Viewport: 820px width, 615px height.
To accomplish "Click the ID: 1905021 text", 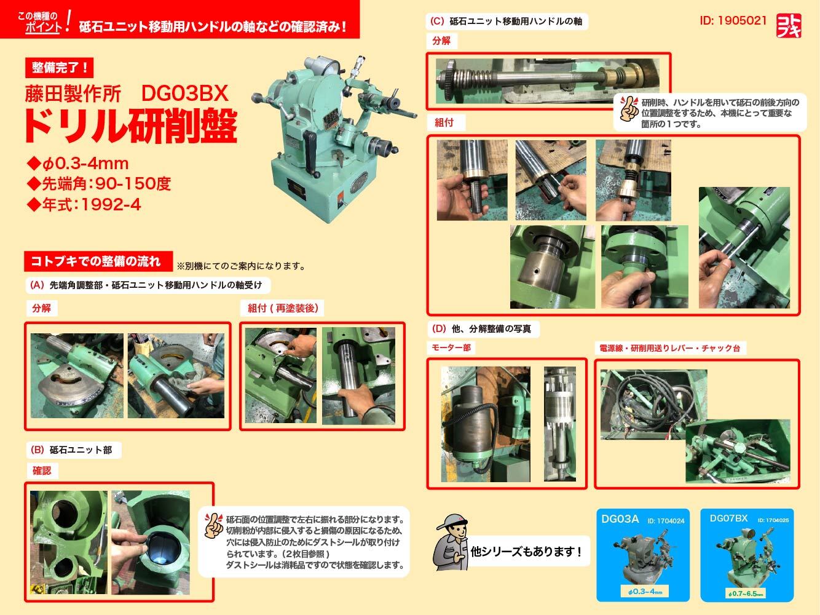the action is coord(733,20).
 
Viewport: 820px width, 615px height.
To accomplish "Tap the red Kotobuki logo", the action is coord(789,26).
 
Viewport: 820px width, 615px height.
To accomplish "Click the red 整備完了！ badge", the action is coord(59,68).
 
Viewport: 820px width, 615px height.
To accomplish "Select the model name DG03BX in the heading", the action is coord(184,93).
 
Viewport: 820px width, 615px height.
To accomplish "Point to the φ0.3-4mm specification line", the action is coord(78,163).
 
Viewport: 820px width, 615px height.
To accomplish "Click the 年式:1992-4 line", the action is coord(84,204).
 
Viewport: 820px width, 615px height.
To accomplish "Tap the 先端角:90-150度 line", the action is coord(99,183).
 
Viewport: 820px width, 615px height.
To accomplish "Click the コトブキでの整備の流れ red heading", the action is coord(98,261).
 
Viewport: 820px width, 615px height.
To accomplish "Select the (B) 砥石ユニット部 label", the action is coord(74,450).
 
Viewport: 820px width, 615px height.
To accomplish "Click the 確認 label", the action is coord(41,470).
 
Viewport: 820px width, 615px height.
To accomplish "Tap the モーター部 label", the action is coord(451,348).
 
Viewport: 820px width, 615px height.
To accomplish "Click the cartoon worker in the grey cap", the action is coord(451,542).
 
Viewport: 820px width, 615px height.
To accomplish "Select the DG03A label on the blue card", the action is coord(620,519).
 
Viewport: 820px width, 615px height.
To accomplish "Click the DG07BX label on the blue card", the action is coord(728,518).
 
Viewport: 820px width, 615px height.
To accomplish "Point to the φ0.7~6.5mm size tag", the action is coord(745,593).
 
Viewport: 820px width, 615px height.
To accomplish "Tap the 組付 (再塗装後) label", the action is coord(282,308).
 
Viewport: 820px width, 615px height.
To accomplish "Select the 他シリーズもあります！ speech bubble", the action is coord(526,551).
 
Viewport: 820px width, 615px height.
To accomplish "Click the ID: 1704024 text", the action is coord(666,521).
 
